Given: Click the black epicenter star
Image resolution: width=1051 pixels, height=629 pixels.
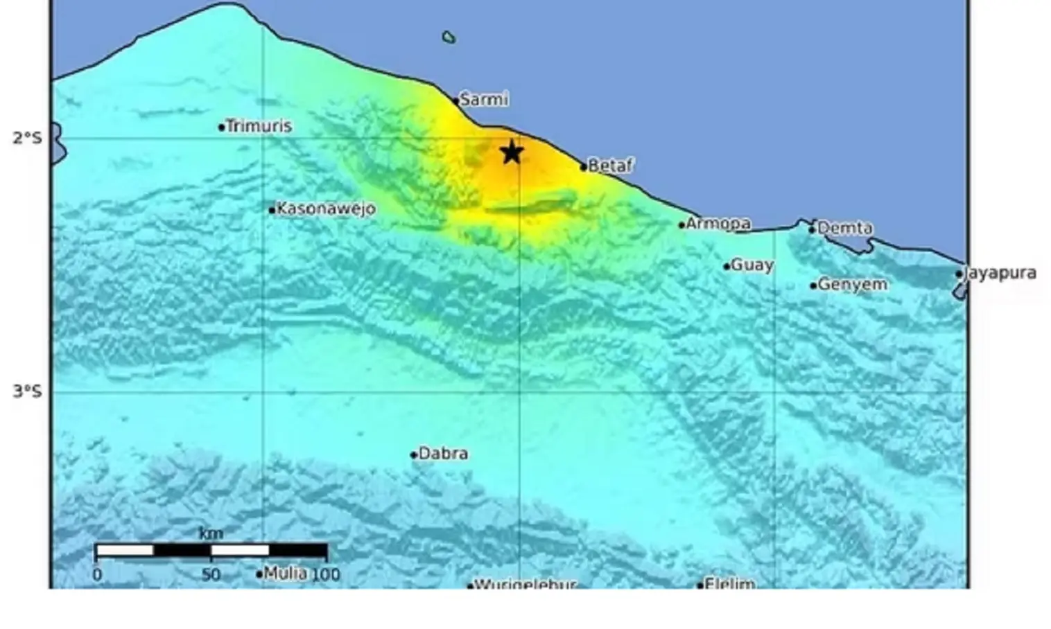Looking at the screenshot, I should click(x=512, y=152).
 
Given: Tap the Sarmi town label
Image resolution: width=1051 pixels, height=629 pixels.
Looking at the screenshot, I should click(x=484, y=99).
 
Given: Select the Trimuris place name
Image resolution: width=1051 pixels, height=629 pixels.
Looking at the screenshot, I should click(x=259, y=126).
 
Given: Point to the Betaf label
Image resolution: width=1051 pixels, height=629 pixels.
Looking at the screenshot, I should click(x=610, y=166).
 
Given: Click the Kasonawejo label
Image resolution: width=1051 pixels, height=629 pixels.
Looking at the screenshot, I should click(x=326, y=209).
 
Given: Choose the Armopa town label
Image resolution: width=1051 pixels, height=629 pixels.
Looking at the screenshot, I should click(x=718, y=223).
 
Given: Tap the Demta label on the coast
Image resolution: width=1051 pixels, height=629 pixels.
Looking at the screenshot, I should click(x=844, y=228).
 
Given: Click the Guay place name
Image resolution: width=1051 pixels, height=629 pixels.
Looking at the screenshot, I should click(x=752, y=265).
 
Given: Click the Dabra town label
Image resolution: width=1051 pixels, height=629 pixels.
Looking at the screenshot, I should click(x=443, y=453).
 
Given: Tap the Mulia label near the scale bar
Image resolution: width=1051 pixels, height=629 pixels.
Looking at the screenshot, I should click(x=285, y=573).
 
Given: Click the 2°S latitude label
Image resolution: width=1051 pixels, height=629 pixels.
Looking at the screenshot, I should click(x=27, y=138).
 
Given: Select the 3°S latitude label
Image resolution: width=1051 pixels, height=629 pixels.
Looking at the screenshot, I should click(x=27, y=391).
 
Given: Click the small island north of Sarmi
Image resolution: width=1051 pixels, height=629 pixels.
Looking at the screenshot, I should click(x=449, y=37).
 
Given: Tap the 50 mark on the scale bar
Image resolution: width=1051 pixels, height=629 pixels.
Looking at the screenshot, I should click(x=211, y=574).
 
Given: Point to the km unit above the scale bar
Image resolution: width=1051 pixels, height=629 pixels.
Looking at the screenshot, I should click(x=211, y=533).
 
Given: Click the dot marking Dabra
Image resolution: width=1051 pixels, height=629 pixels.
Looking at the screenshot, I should click(x=414, y=455).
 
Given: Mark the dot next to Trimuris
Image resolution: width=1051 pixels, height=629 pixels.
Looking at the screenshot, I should click(x=222, y=127).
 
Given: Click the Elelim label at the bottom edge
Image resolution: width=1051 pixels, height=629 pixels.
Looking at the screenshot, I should click(x=729, y=584).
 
